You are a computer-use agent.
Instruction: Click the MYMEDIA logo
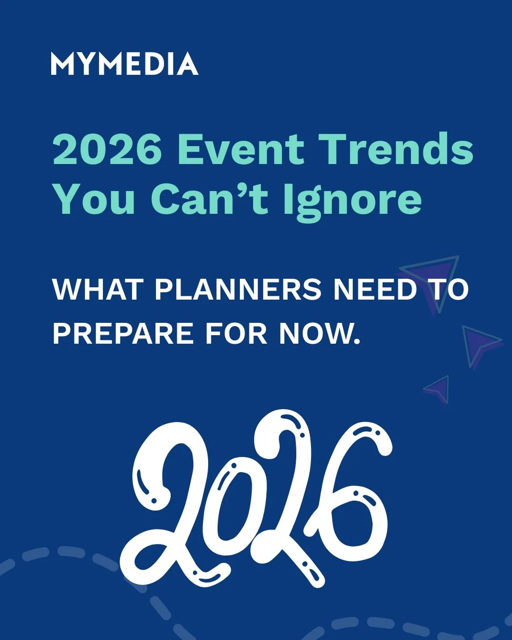tap(124, 64)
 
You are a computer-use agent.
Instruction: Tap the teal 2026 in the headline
tap(107, 149)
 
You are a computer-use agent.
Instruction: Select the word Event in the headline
tap(241, 149)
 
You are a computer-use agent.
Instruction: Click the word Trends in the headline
tap(395, 149)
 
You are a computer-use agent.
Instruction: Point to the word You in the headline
tap(94, 199)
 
